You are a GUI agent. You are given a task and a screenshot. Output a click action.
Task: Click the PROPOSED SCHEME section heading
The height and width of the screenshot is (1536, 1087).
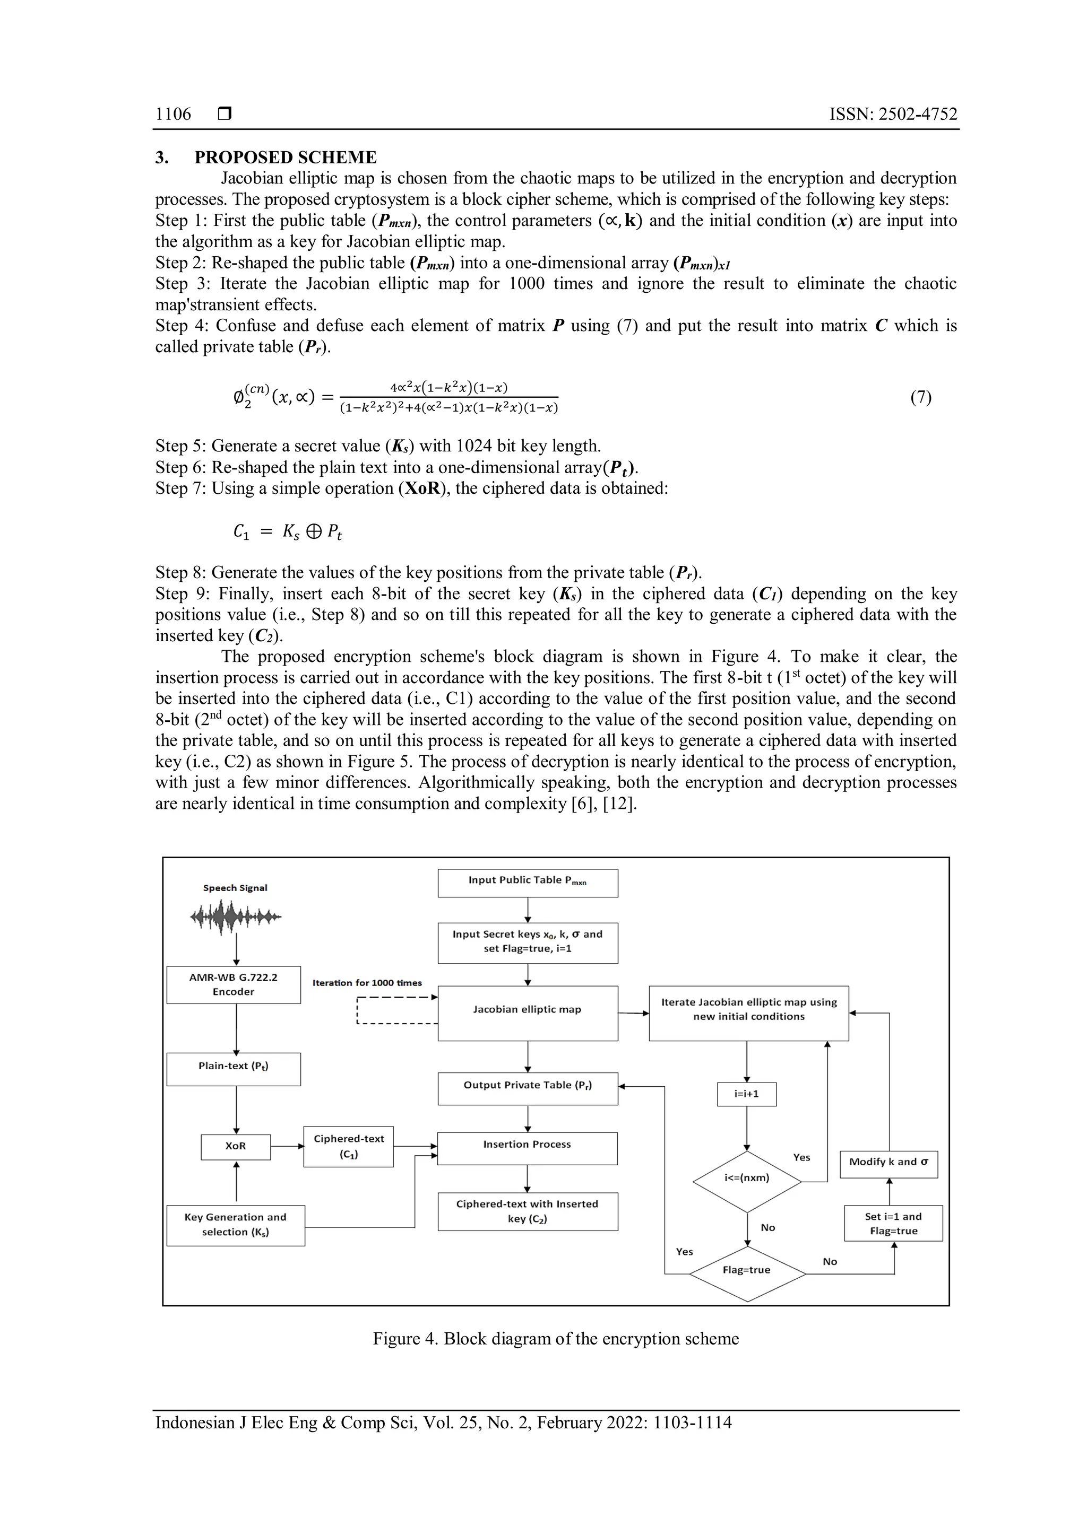pos(285,158)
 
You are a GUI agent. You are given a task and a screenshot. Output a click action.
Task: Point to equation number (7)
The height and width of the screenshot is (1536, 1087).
pos(921,397)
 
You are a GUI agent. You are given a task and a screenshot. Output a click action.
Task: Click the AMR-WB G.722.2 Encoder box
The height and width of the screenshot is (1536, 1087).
pos(233,985)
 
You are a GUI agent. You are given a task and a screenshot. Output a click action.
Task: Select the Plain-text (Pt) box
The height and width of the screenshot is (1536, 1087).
pos(233,1068)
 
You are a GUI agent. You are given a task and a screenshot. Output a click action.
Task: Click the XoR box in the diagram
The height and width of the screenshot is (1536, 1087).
pos(236,1147)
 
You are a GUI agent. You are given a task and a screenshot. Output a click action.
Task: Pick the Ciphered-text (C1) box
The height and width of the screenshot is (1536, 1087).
pos(348,1147)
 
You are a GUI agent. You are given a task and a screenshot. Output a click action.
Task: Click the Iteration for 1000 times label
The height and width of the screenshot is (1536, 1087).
pos(367,983)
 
